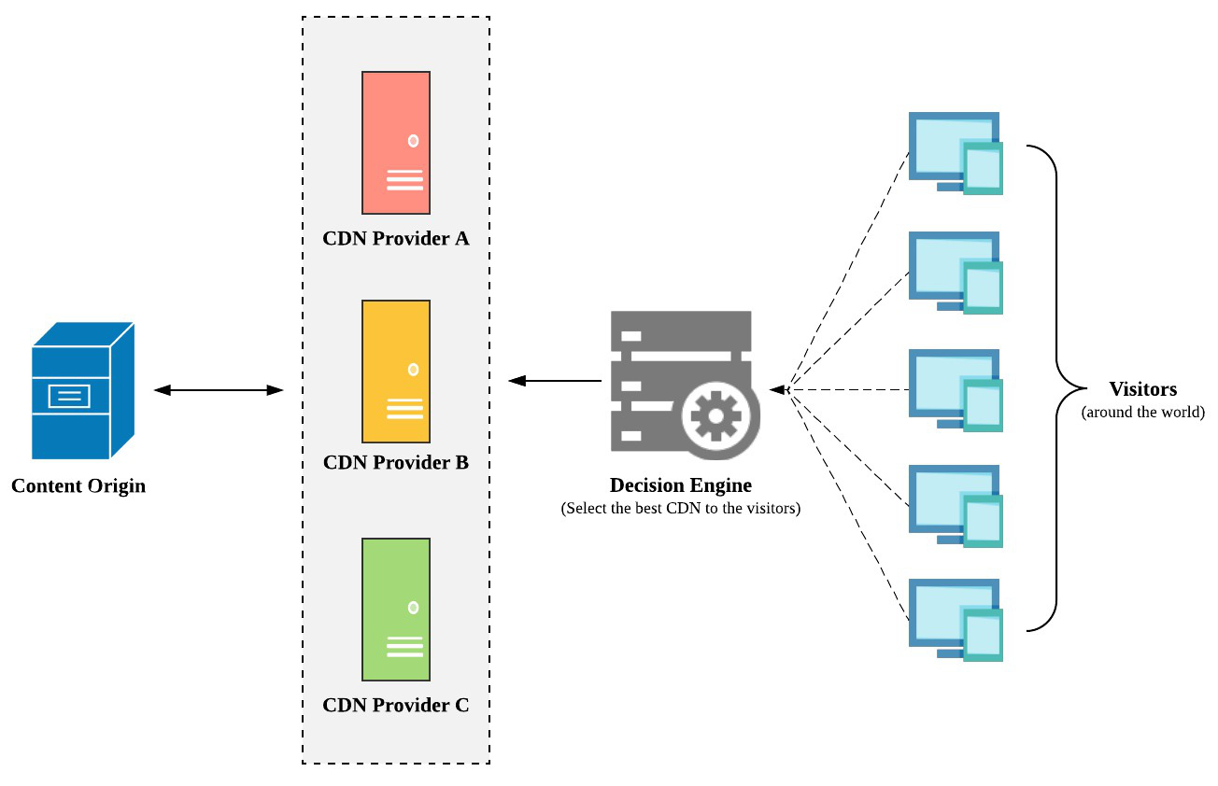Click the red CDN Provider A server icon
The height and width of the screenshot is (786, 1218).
(x=396, y=143)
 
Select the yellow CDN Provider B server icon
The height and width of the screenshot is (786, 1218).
(x=396, y=371)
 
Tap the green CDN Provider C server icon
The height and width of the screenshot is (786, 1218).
(x=396, y=609)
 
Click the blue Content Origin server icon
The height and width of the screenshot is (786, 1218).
(x=82, y=391)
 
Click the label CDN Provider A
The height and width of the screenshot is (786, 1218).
(x=396, y=238)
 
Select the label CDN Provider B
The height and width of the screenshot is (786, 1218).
(x=396, y=462)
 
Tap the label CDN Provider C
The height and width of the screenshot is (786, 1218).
(x=396, y=705)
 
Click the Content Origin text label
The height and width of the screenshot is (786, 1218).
(x=78, y=486)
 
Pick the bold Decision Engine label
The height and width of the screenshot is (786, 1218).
(x=680, y=485)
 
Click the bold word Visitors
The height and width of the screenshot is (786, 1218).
(x=1142, y=389)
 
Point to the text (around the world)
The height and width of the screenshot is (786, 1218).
(x=1142, y=412)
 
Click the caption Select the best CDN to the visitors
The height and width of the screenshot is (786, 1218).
(x=680, y=509)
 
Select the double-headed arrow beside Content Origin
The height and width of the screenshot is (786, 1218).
(x=219, y=390)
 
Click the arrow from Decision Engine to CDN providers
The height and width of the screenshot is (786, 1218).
(x=555, y=381)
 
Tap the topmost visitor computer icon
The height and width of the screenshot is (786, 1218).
(x=955, y=153)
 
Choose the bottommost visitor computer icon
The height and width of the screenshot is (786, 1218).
(x=955, y=620)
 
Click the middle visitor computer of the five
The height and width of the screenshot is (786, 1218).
(x=955, y=390)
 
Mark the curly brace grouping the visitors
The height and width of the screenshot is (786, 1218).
(x=1055, y=388)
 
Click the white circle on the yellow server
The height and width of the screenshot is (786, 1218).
(x=413, y=370)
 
